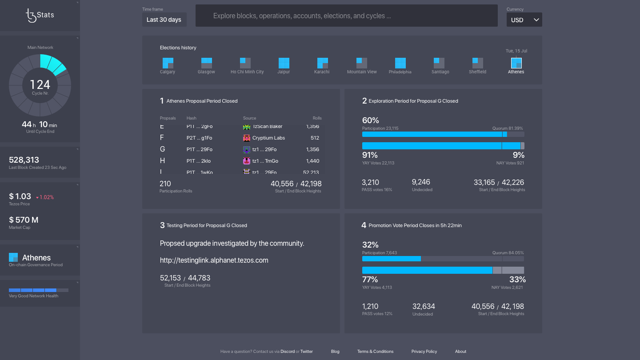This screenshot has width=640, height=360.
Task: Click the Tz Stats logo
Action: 40,15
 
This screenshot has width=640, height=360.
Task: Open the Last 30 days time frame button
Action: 164,20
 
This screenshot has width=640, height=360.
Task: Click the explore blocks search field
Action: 346,16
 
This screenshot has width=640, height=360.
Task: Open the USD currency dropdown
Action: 524,20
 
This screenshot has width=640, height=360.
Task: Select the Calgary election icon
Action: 168,63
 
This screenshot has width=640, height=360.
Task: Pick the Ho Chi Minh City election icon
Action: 245,63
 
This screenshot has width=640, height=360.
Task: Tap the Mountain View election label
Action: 362,72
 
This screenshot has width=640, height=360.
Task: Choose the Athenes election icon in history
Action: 516,63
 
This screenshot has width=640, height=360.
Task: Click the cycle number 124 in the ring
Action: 40,84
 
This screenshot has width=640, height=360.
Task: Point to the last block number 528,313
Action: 24,160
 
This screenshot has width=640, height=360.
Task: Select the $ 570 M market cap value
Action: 24,220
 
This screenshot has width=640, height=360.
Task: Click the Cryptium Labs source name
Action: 268,138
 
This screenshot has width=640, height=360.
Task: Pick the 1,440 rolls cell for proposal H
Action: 312,161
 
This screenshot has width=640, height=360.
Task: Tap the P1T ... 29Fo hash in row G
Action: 199,149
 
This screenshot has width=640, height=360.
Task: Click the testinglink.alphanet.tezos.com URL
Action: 214,260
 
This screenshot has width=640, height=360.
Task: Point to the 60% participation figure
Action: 370,120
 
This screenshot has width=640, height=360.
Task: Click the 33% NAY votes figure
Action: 517,280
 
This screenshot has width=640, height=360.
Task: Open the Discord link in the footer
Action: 287,352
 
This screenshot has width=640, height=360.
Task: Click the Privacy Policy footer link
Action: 424,352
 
